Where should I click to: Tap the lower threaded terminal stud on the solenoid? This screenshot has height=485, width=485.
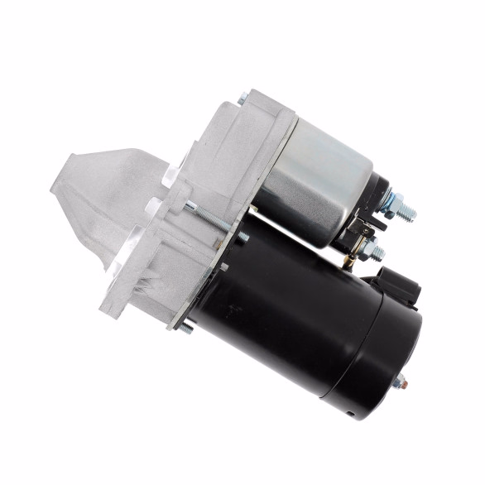tap(379, 248)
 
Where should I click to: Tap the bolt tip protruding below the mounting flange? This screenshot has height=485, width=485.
tap(186, 329)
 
